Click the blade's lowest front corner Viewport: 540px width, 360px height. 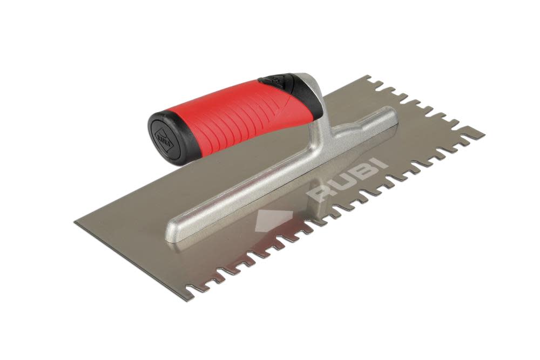coord(200,300)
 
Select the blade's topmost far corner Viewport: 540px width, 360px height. coord(368,77)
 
